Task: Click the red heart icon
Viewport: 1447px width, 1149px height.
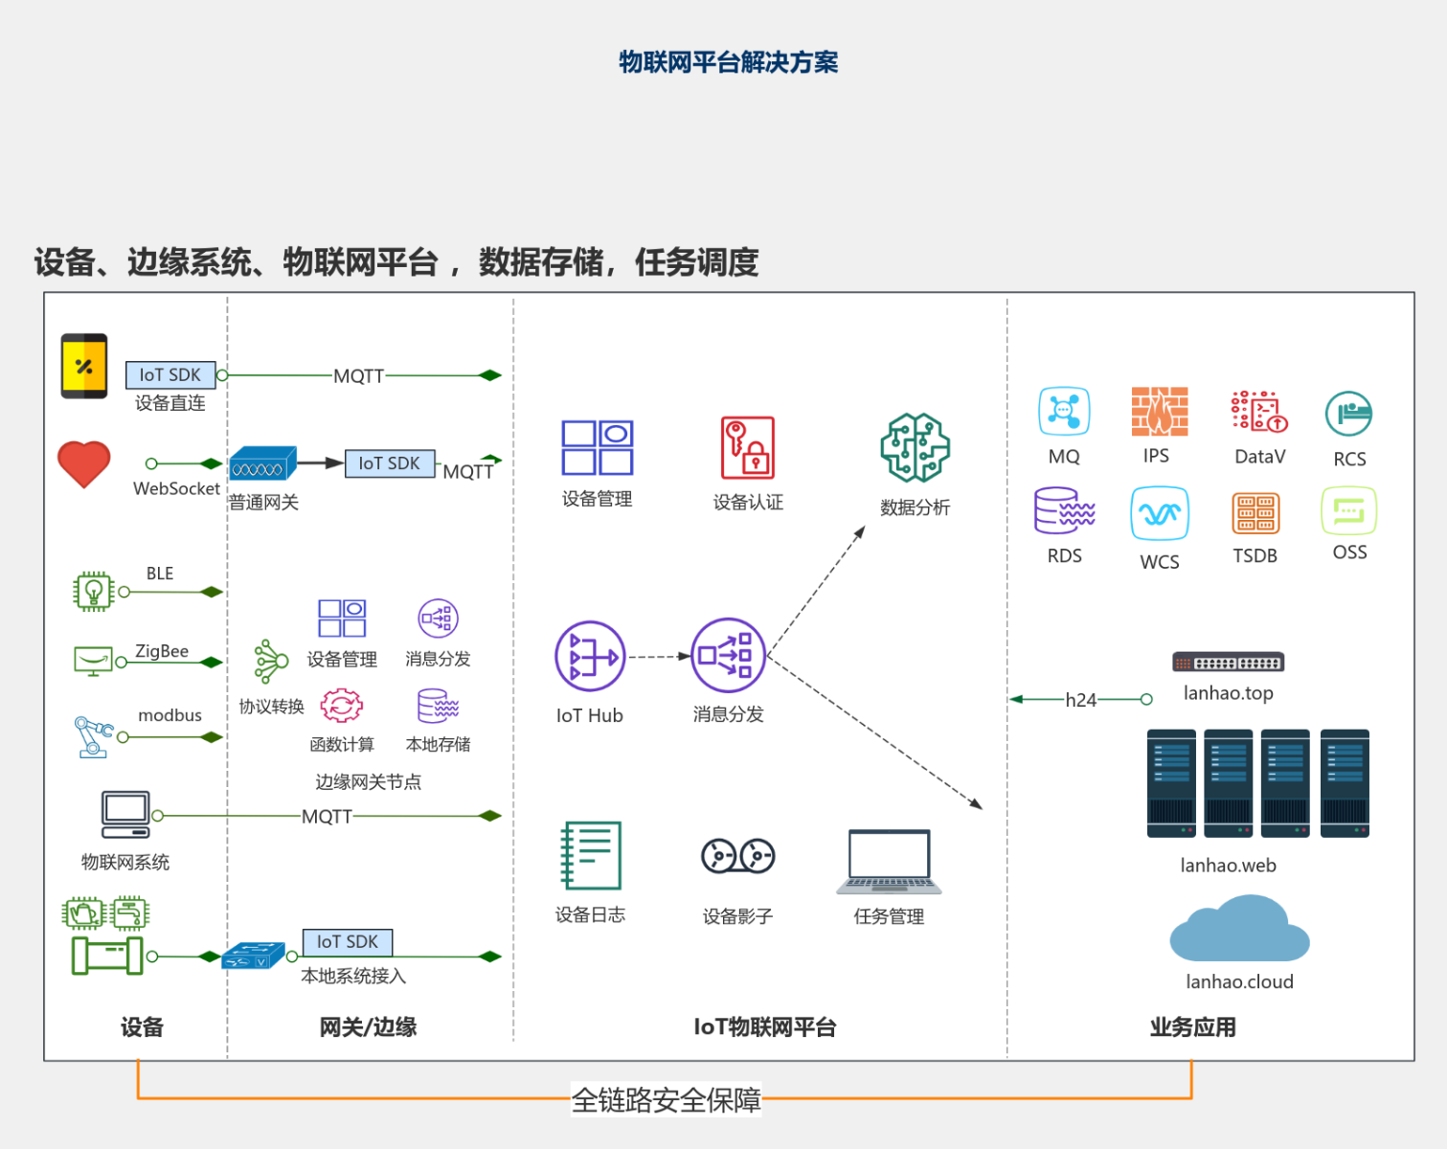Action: click(x=83, y=463)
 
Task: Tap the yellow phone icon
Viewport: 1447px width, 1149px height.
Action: click(x=84, y=367)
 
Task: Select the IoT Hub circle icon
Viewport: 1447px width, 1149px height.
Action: click(x=590, y=656)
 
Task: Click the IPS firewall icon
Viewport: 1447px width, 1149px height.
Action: click(x=1159, y=412)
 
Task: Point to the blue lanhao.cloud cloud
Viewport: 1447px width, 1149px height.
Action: click(x=1239, y=929)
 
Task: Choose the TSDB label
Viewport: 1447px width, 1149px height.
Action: click(x=1255, y=556)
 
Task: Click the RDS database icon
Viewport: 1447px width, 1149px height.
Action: click(x=1064, y=510)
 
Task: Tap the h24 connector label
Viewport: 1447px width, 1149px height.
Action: click(x=1080, y=700)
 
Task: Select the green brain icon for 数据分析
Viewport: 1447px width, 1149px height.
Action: click(x=916, y=448)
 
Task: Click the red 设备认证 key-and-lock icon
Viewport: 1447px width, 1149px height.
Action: click(x=748, y=448)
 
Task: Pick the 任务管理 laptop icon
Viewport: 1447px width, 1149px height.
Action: click(x=889, y=862)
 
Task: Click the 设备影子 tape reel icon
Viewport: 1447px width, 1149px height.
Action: click(x=737, y=856)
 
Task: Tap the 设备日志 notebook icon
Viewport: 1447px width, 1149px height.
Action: click(x=590, y=855)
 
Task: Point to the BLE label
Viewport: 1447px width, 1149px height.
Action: click(x=160, y=574)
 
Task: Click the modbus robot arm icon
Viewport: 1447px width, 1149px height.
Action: click(x=93, y=737)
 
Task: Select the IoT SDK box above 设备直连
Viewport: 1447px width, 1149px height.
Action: click(x=170, y=375)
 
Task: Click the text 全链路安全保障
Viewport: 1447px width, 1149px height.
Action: click(x=666, y=1100)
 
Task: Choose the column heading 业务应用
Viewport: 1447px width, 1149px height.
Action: click(x=1193, y=1027)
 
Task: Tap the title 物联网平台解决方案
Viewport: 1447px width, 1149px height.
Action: click(x=728, y=62)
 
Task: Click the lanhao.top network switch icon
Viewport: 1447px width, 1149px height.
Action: click(x=1228, y=663)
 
